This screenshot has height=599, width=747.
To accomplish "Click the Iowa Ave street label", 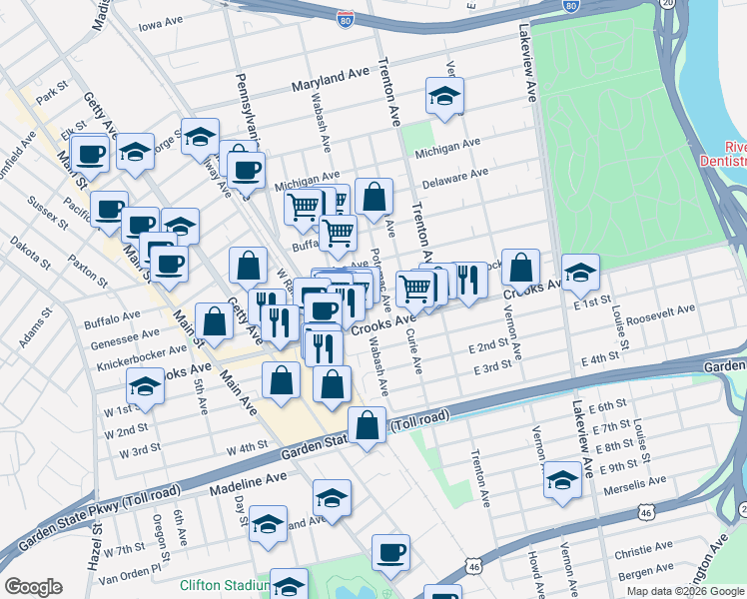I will [163, 25].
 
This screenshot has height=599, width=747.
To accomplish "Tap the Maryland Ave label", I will [331, 80].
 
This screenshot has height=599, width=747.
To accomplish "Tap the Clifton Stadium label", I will [224, 586].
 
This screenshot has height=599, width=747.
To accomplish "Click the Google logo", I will [33, 587].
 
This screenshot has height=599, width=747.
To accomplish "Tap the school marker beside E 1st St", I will [581, 272].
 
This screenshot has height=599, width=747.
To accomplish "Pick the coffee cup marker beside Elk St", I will [91, 155].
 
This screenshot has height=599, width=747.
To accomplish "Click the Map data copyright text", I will [686, 591].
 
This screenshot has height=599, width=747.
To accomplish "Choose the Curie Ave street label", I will [412, 354].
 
